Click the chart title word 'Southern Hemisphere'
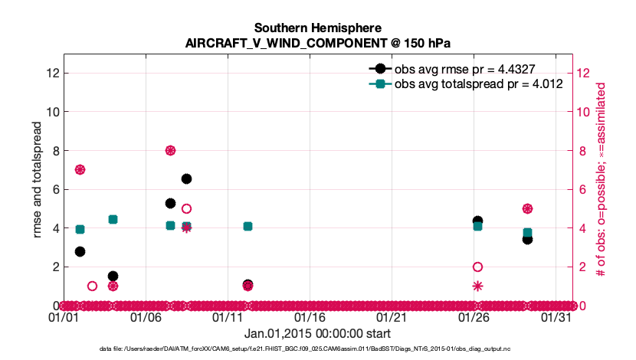317,28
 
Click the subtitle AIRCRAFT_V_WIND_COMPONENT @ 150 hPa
317,43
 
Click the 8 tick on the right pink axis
583,150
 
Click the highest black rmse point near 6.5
186,178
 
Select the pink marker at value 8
170,150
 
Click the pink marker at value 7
80,170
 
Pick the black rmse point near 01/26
477,221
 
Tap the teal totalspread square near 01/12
248,226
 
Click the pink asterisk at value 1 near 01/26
477,286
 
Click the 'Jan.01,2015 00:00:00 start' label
317,333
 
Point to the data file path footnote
317,349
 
